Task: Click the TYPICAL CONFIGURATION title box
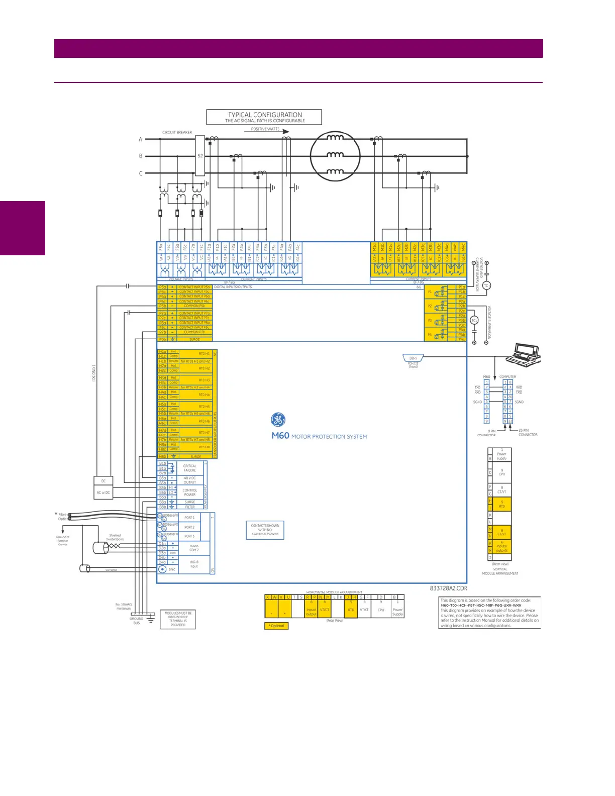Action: point(264,117)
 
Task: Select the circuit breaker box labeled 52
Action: point(200,156)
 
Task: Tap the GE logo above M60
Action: point(278,420)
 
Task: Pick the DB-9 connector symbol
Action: point(413,358)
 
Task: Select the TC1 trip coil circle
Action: point(486,286)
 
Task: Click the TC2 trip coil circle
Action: point(474,321)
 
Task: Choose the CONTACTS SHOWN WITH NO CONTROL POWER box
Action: point(265,530)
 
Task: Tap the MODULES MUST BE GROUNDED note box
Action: point(178,619)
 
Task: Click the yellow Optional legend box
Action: point(276,626)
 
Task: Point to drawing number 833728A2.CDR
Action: point(448,588)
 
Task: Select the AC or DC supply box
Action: point(104,492)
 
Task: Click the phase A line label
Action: point(141,139)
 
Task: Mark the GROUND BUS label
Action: point(137,621)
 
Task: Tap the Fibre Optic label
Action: point(62,517)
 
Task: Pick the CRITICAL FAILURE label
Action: point(190,468)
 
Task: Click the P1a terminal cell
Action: point(462,287)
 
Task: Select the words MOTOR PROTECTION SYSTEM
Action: point(329,437)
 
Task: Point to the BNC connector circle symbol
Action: point(162,569)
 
